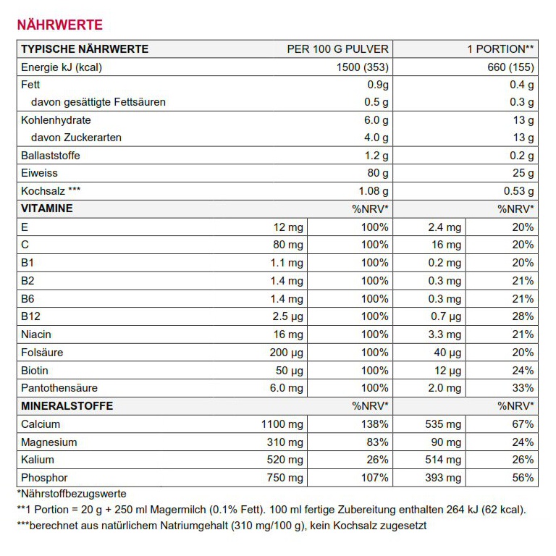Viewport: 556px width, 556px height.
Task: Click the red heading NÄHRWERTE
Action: coord(59,25)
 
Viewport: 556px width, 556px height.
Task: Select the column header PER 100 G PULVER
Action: coord(337,49)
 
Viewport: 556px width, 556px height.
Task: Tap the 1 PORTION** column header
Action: coord(500,49)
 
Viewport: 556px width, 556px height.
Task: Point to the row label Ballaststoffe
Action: coord(51,156)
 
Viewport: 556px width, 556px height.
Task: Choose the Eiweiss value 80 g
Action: coord(376,174)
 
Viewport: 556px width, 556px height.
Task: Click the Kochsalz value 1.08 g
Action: coord(373,191)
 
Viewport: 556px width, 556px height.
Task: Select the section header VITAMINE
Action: coord(47,209)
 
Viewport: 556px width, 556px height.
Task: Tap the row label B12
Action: coord(30,316)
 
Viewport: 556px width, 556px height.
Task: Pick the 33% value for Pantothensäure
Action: coord(522,388)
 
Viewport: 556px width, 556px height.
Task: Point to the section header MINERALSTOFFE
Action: coord(67,406)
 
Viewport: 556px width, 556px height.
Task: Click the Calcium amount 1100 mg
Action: coord(282,424)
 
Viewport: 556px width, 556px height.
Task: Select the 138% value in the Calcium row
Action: coord(375,424)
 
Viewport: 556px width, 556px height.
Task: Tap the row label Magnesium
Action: coord(49,442)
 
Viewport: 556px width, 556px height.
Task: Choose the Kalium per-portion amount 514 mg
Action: coord(444,460)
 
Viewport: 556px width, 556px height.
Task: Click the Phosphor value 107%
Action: coord(375,478)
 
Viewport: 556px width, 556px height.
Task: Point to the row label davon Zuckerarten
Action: coord(76,138)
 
